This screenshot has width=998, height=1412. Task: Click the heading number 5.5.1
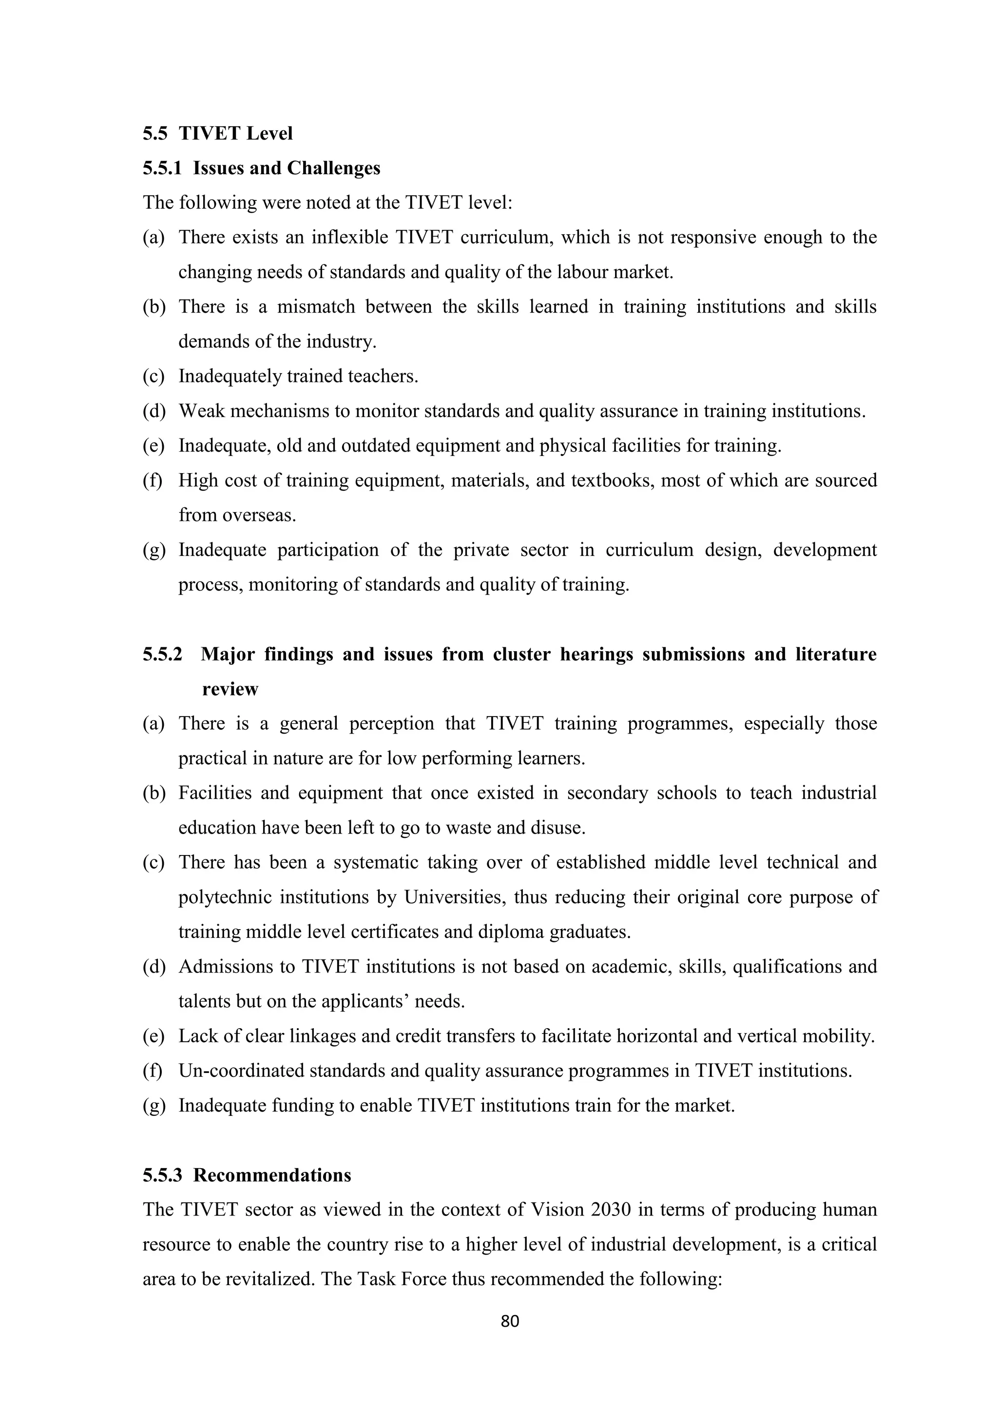(x=162, y=168)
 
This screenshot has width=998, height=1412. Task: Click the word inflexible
(x=349, y=238)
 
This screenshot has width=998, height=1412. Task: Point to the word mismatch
(x=316, y=306)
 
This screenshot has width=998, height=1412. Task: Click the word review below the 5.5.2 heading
(x=230, y=689)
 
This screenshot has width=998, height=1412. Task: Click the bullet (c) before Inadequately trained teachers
(x=154, y=376)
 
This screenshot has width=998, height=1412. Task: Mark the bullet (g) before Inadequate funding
(x=154, y=1106)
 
